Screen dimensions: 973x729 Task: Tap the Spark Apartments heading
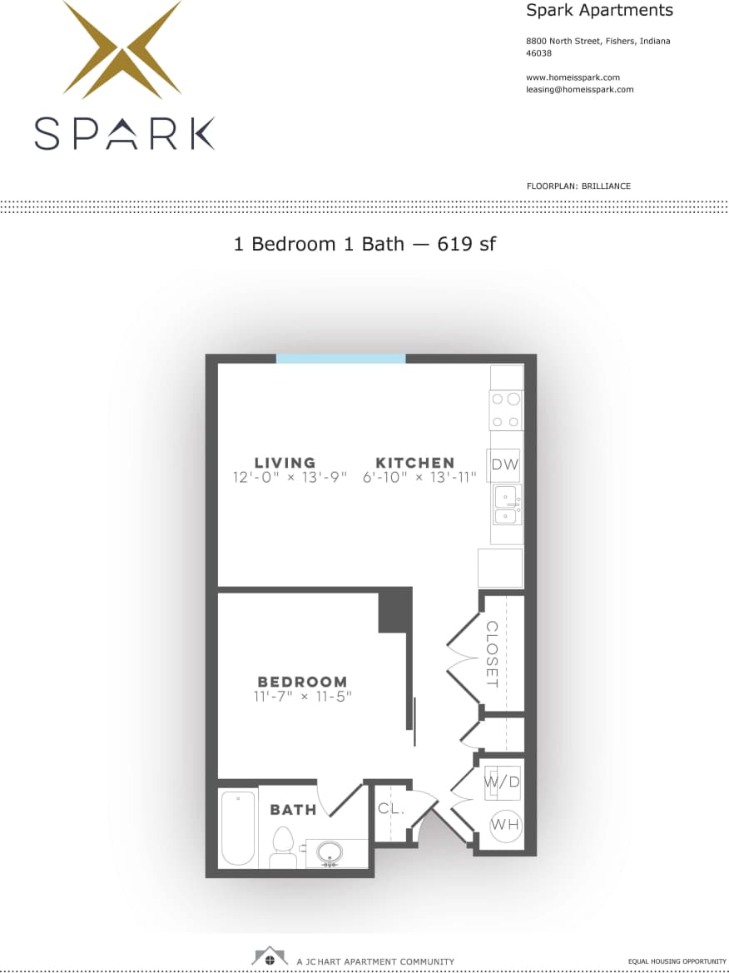[599, 11]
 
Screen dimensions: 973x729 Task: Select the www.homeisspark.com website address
[573, 77]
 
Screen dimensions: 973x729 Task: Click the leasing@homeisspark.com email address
[579, 89]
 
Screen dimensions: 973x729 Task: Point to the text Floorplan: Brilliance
[578, 186]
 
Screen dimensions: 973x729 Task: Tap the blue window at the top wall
[340, 359]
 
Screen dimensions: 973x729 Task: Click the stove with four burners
[506, 410]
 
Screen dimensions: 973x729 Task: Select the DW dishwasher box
[505, 464]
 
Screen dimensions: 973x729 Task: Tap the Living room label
[285, 463]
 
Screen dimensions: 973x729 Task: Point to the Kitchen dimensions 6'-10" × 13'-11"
[419, 478]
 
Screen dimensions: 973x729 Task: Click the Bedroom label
[302, 681]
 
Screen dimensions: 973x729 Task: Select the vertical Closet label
[492, 654]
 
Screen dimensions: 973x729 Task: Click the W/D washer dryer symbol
[503, 782]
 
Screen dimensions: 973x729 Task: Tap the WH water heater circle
[504, 824]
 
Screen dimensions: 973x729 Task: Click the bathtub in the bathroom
[238, 828]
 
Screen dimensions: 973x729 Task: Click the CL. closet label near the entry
[390, 807]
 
